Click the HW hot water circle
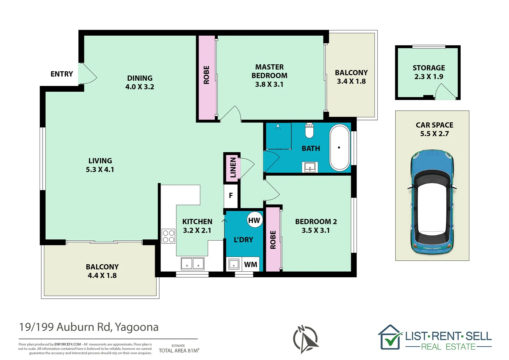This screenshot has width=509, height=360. [x=254, y=220]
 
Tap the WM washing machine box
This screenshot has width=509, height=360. [x=251, y=264]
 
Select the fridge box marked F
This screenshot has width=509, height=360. [x=231, y=196]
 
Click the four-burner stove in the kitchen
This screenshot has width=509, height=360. [x=168, y=236]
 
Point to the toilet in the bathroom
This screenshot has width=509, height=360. [x=309, y=131]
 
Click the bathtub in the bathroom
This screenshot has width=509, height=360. [x=339, y=147]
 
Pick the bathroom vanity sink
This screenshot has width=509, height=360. [x=310, y=167]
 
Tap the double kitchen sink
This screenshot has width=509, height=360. [x=193, y=264]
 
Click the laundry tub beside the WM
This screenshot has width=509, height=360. [x=234, y=264]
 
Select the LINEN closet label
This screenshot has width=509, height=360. [x=233, y=167]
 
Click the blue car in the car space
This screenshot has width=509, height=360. [x=432, y=202]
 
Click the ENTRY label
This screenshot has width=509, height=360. [x=62, y=74]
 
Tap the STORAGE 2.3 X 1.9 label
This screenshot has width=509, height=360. [x=429, y=72]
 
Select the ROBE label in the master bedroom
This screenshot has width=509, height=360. [x=206, y=75]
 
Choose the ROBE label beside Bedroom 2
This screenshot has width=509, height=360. [x=273, y=240]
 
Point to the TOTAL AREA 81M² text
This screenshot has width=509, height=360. [x=179, y=350]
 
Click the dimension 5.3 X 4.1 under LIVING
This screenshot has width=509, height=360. [x=100, y=169]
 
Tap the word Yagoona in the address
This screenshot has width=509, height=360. [x=137, y=327]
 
